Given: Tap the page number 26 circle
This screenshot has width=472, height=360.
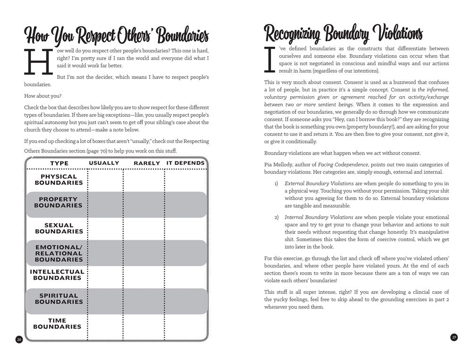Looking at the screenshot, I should click(19, 339).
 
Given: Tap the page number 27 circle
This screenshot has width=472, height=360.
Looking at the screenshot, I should click(454, 337).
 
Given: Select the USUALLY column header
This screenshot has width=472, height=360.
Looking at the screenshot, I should click(104, 163).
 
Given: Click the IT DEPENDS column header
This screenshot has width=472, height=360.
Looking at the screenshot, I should click(185, 163).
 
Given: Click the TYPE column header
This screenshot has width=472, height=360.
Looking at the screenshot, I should click(59, 163).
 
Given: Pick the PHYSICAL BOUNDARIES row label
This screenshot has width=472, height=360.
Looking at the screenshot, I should click(59, 180).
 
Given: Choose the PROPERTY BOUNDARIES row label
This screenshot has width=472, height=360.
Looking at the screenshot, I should click(59, 202).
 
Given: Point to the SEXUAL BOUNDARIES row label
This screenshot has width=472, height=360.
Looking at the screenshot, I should click(59, 228).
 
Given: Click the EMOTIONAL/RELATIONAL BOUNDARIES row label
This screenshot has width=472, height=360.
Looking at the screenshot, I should click(59, 253).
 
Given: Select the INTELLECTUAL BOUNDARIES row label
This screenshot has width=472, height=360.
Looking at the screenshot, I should click(57, 275).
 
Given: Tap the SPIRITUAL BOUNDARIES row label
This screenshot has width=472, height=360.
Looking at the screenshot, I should click(59, 299).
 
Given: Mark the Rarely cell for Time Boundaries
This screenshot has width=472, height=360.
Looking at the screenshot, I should click(144, 324).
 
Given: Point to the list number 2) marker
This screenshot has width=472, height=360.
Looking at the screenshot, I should click(277, 217).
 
